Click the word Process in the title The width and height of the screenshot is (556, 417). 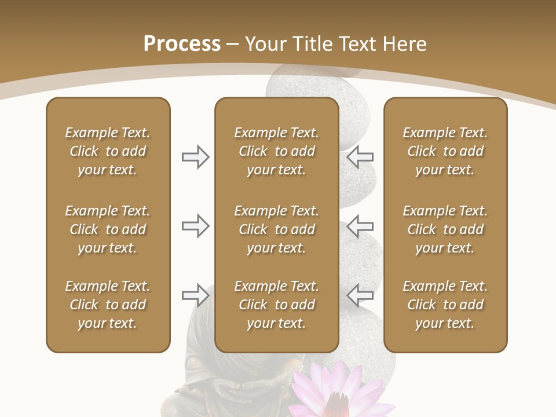pos(182,44)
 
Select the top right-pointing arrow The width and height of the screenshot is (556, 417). pos(196,157)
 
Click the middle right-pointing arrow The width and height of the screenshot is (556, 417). pos(196,226)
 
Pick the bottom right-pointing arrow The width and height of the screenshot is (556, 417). pos(196,295)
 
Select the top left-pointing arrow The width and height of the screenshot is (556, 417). pos(360,157)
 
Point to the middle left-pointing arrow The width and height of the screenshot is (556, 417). pos(360,226)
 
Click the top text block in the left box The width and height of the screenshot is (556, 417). pos(108,151)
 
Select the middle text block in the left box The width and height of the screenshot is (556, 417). pos(108,229)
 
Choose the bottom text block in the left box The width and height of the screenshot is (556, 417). pos(108,305)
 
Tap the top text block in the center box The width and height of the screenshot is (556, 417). pos(276,151)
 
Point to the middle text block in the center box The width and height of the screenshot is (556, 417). pos(276,229)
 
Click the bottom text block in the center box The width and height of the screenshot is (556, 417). pos(276,305)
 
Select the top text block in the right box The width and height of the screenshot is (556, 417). pos(445,151)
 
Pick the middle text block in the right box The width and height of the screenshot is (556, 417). pos(445,229)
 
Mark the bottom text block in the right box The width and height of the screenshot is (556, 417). pos(445,305)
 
